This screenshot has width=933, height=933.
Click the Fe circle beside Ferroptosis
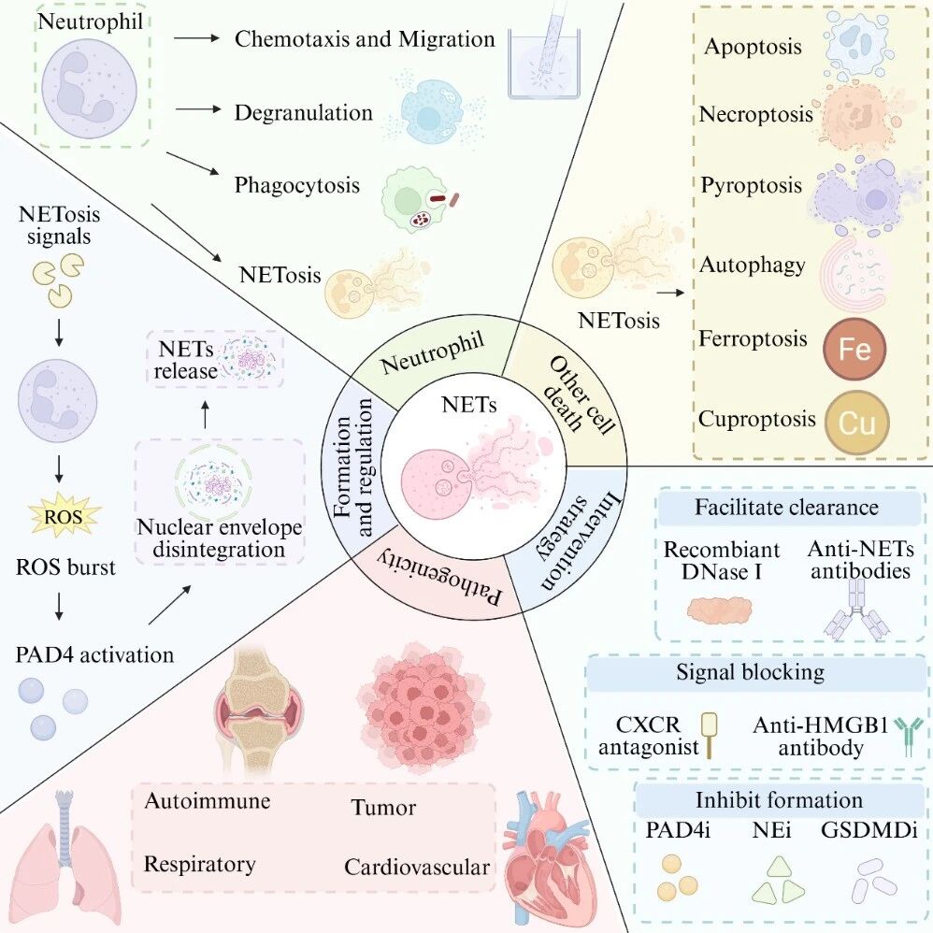click(855, 349)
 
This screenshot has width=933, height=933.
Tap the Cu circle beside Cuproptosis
click(857, 423)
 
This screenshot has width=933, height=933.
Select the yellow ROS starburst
click(63, 515)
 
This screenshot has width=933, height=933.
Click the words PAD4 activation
click(94, 654)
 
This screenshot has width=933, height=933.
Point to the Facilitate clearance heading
click(786, 507)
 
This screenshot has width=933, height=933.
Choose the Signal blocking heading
click(751, 672)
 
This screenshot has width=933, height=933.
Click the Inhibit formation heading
click(779, 799)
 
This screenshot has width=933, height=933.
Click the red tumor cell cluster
click(424, 709)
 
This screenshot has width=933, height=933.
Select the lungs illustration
click(67, 863)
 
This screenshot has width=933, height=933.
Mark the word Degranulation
click(304, 112)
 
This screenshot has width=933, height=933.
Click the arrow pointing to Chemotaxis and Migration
click(197, 38)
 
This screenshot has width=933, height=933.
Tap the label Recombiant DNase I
click(721, 560)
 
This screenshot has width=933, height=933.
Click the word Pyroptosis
click(751, 185)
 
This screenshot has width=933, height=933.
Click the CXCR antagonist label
click(649, 736)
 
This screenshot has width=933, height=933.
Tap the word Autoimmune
click(207, 800)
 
